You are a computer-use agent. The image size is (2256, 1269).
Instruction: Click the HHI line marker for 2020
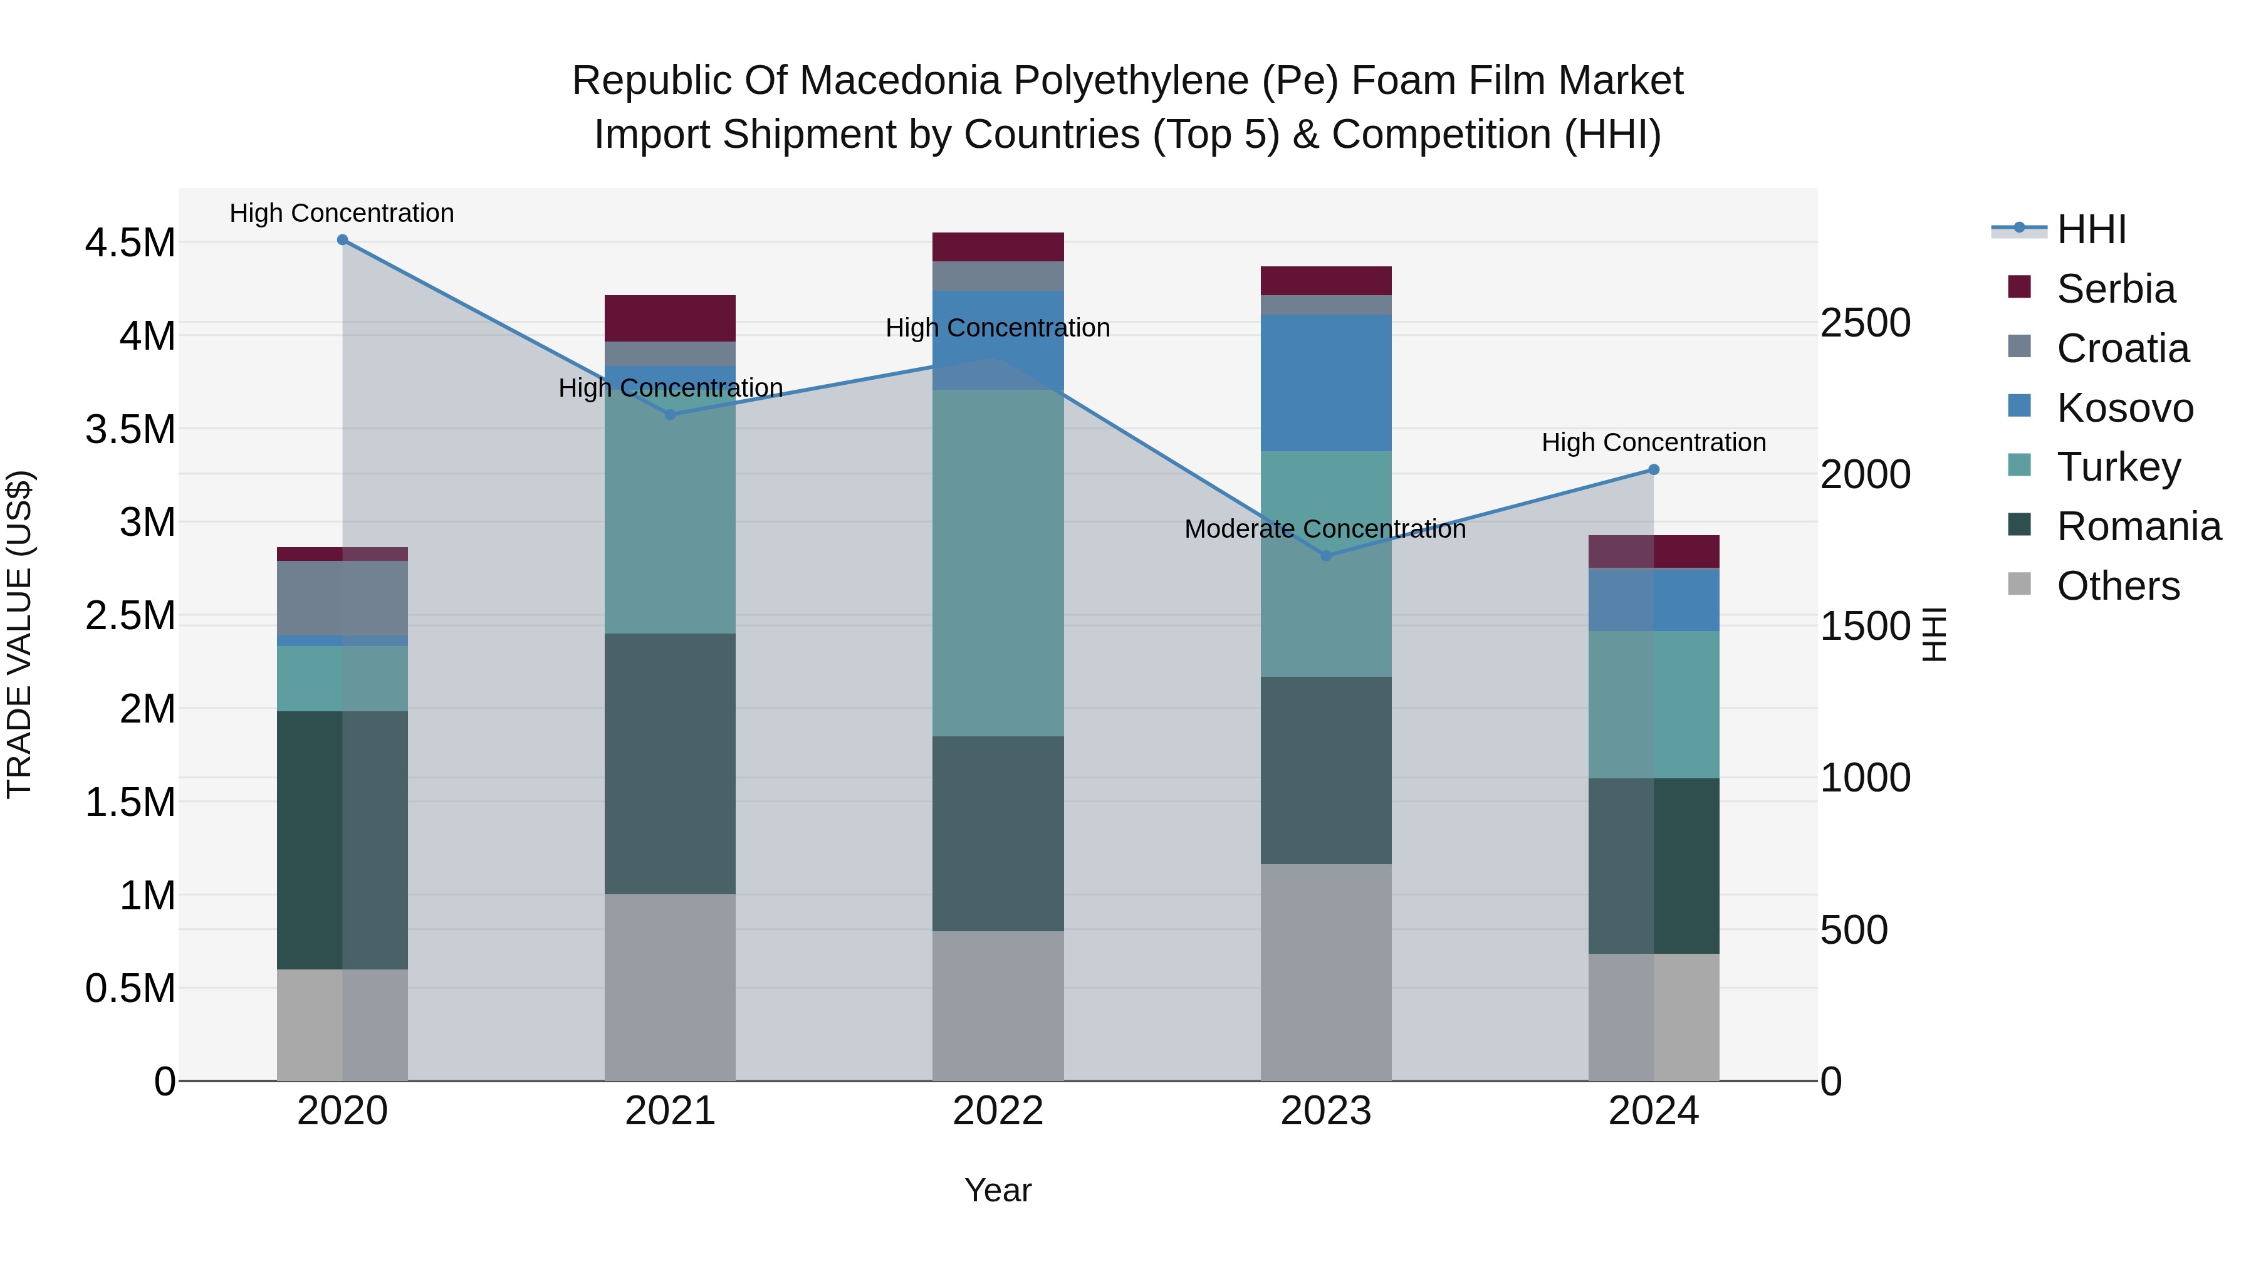pyautogui.click(x=342, y=240)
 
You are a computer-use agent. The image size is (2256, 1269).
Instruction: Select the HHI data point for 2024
pyautogui.click(x=1654, y=469)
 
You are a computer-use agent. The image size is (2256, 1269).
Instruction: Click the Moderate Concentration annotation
pyautogui.click(x=1324, y=529)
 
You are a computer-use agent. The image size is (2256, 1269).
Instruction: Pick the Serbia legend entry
pyautogui.click(x=2115, y=289)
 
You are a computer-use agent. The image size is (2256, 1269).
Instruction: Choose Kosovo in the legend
pyautogui.click(x=2124, y=408)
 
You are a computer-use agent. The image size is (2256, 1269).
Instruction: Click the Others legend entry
pyautogui.click(x=2118, y=586)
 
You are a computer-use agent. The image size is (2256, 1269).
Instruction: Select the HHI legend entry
pyautogui.click(x=2091, y=229)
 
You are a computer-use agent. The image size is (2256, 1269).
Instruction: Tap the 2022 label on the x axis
pyautogui.click(x=998, y=1111)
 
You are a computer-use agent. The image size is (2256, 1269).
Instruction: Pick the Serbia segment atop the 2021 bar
pyautogui.click(x=670, y=318)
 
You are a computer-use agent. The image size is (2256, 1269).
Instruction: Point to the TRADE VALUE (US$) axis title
pyautogui.click(x=19, y=634)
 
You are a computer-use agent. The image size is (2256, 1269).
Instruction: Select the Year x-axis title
pyautogui.click(x=998, y=1190)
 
